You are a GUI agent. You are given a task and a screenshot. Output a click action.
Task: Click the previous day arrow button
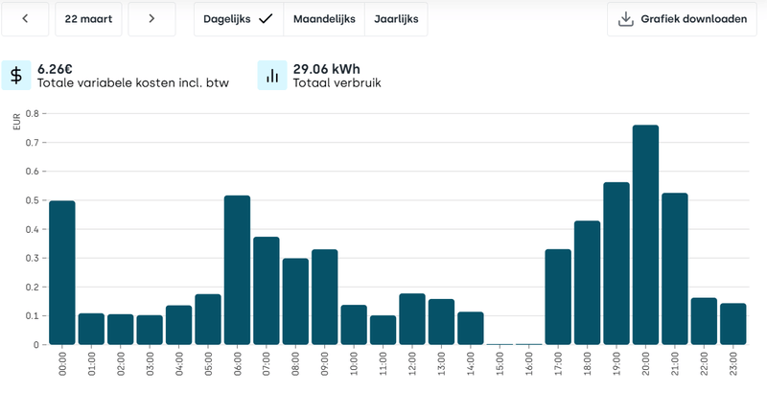pyautogui.click(x=25, y=18)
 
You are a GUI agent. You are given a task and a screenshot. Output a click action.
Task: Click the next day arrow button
pyautogui.click(x=151, y=18)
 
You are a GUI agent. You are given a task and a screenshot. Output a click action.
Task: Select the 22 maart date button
pyautogui.click(x=88, y=18)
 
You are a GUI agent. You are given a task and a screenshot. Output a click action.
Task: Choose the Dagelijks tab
pyautogui.click(x=238, y=18)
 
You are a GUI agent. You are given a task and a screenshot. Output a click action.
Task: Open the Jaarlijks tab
pyautogui.click(x=396, y=18)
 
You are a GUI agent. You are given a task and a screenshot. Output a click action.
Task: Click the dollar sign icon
pyautogui.click(x=16, y=76)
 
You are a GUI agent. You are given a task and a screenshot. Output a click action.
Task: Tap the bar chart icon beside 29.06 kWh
pyautogui.click(x=272, y=76)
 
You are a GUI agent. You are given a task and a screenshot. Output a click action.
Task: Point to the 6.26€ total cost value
pyautogui.click(x=56, y=69)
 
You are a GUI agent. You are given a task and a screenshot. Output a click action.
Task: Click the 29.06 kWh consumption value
pyautogui.click(x=326, y=69)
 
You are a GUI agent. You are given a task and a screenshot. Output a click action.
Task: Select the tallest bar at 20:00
pyautogui.click(x=645, y=235)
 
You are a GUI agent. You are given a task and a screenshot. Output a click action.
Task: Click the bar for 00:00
pyautogui.click(x=62, y=272)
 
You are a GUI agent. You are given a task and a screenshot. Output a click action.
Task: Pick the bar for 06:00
pyautogui.click(x=237, y=270)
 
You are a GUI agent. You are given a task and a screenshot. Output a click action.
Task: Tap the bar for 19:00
pyautogui.click(x=616, y=264)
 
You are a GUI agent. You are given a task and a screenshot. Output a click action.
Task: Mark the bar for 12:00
pyautogui.click(x=412, y=319)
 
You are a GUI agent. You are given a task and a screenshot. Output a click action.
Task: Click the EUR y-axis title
pyautogui.click(x=16, y=122)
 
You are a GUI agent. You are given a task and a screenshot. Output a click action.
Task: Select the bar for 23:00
pyautogui.click(x=732, y=324)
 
